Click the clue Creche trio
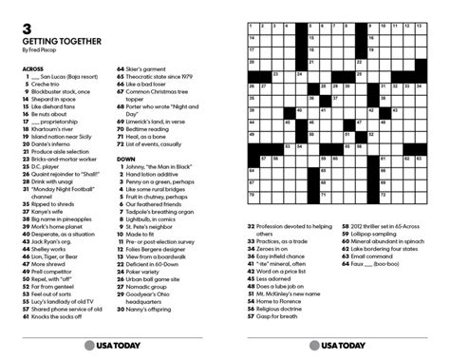(46, 85)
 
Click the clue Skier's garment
(151, 68)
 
